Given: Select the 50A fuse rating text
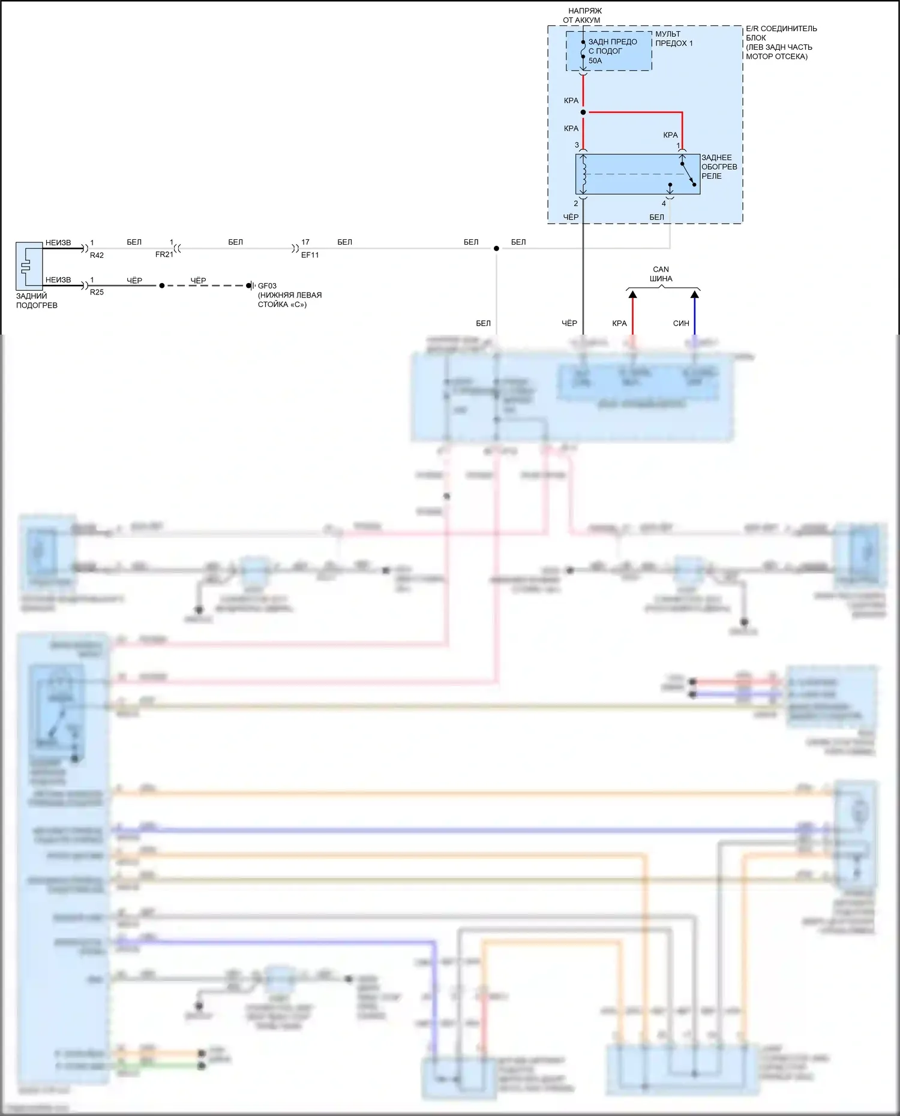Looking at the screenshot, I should tap(595, 61).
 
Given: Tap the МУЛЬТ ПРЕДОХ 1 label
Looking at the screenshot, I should tap(673, 39).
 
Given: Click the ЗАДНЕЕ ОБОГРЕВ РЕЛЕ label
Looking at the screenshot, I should tap(719, 167).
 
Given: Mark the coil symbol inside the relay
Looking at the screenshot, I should tap(583, 174).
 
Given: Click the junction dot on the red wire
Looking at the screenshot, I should tap(583, 112).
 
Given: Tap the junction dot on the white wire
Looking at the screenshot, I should tap(496, 248).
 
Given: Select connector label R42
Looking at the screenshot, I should tap(97, 255).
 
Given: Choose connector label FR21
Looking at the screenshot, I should tap(164, 255).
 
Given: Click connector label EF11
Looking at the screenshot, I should tap(310, 255).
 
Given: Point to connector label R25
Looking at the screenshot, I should tap(97, 293).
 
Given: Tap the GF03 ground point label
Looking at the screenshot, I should tap(267, 286).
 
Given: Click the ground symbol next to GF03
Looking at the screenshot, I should tap(250, 285).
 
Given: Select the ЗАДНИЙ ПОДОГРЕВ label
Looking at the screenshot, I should tap(37, 300).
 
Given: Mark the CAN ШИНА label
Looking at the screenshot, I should tap(661, 274).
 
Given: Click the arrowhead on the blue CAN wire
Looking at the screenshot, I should tap(695, 294).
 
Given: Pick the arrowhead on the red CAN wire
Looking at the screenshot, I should tap(632, 294).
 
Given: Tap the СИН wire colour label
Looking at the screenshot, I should tap(681, 324).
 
